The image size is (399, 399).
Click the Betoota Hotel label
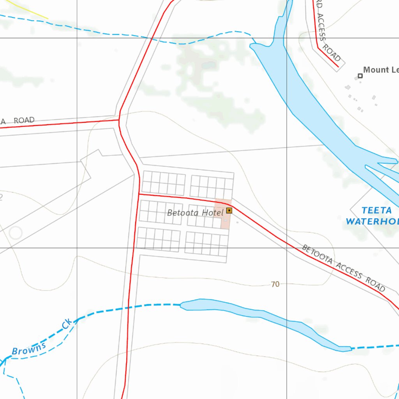[x=195, y=213]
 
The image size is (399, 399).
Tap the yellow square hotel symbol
[x=229, y=210]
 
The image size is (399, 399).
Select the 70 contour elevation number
[x=275, y=284]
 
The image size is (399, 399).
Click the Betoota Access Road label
[x=344, y=268]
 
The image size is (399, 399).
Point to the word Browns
[x=29, y=348]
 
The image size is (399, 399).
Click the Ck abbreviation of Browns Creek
[x=67, y=323]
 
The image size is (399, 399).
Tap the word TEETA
[x=376, y=211]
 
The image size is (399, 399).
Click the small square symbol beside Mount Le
[x=360, y=76]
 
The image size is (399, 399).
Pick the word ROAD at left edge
[x=24, y=120]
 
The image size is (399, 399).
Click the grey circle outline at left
[x=16, y=233]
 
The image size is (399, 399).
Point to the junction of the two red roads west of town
[x=119, y=120]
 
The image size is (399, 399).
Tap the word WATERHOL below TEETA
[x=372, y=221]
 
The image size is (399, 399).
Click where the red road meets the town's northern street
[x=139, y=194]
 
